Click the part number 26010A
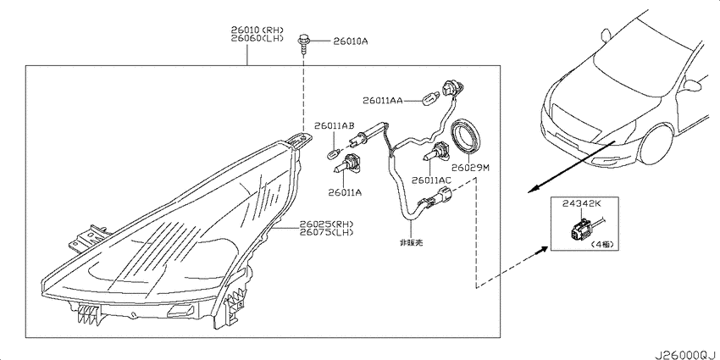(x=351, y=42)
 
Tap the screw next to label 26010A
(x=303, y=45)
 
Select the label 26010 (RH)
(x=257, y=30)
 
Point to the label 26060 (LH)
(x=257, y=38)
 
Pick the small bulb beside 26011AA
(x=429, y=97)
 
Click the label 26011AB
(x=334, y=125)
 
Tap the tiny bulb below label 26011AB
(x=335, y=152)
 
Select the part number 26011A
(x=345, y=193)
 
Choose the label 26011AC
(x=431, y=180)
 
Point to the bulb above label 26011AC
(x=434, y=151)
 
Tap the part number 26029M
(x=470, y=168)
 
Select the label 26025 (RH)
(x=326, y=224)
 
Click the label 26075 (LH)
(x=326, y=232)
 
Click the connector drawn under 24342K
(x=581, y=230)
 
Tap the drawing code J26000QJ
(x=686, y=354)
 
